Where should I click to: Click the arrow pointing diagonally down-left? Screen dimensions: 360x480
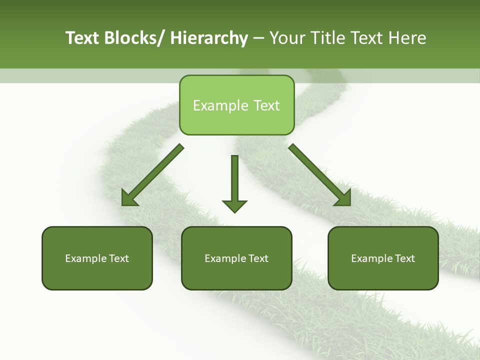pyautogui.click(x=153, y=175)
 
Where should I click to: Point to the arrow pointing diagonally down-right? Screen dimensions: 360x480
pyautogui.click(x=319, y=175)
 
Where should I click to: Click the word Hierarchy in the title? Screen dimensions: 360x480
pyautogui.click(x=208, y=38)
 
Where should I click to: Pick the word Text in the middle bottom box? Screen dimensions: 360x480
pyautogui.click(x=258, y=258)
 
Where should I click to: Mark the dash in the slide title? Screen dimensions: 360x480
pyautogui.click(x=258, y=38)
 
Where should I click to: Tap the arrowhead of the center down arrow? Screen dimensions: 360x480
pyautogui.click(x=234, y=206)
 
